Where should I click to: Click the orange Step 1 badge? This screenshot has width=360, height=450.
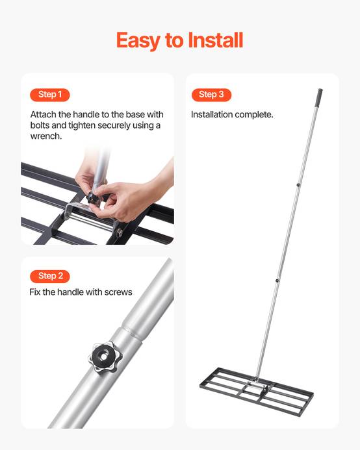[x=49, y=95]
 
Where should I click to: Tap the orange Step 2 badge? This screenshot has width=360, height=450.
[x=49, y=277]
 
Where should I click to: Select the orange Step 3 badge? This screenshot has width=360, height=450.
[x=211, y=95]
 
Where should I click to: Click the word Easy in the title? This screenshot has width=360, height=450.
[x=138, y=40]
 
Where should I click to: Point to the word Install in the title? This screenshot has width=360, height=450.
[x=216, y=40]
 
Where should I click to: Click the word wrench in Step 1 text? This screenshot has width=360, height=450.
[x=46, y=136]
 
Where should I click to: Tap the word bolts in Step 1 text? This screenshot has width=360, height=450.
[x=40, y=125]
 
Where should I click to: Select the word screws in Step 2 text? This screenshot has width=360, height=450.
[x=118, y=292]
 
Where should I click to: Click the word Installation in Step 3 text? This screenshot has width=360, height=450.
[x=212, y=114]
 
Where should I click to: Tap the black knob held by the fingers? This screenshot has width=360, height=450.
[x=93, y=197]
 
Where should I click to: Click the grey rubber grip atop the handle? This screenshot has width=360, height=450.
[x=320, y=95]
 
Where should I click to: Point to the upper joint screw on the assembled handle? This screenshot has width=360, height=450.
[x=298, y=185]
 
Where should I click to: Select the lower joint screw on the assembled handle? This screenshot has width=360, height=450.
[x=277, y=281]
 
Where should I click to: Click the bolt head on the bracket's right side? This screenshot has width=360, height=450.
[x=120, y=232]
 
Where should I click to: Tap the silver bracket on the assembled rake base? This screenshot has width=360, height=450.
[x=256, y=384]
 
